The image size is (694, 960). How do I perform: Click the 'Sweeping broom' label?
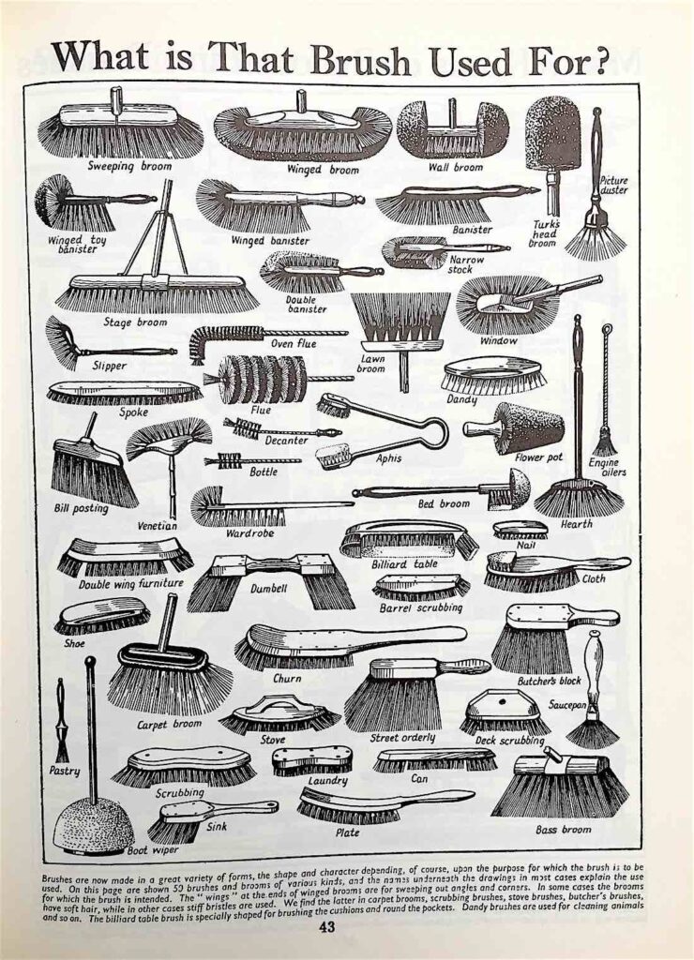pyautogui.click(x=129, y=167)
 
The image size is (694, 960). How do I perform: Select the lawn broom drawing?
pyautogui.click(x=399, y=334)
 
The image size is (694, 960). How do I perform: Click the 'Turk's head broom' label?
pyautogui.click(x=543, y=233)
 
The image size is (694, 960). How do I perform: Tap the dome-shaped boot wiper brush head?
pyautogui.click(x=93, y=819)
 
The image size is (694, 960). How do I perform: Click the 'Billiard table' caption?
pyautogui.click(x=404, y=563)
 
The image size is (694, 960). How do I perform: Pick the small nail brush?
pyautogui.click(x=520, y=530)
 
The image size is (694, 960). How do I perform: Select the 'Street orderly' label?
pyautogui.click(x=402, y=738)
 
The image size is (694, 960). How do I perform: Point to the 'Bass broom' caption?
pyautogui.click(x=563, y=831)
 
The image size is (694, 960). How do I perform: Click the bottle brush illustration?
pyautogui.click(x=252, y=460)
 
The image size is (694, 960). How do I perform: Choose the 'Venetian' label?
pyautogui.click(x=157, y=526)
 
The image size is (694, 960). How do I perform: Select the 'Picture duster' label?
pyautogui.click(x=613, y=186)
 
